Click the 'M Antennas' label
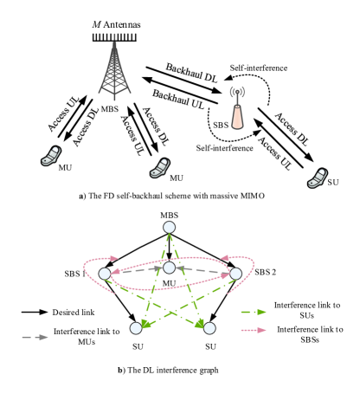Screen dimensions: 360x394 pos(116,24)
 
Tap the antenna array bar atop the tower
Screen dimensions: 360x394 pos(114,37)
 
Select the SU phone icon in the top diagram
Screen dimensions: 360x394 pos(318,178)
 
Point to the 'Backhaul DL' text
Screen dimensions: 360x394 pos(191,73)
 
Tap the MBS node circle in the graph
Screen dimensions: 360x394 pos(169,227)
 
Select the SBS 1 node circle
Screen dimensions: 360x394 pos(105,274)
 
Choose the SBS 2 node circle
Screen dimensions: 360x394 pos(235,274)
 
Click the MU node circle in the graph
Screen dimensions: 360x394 pos(170,268)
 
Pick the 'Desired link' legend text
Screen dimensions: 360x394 pos(74,313)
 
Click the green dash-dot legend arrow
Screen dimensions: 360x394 pos(254,312)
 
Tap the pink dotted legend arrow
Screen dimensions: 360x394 pos(254,330)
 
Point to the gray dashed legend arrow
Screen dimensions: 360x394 pos(35,337)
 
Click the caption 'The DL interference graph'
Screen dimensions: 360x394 pos(173,370)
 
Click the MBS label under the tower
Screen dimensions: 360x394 pos(110,109)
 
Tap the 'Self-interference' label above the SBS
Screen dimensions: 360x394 pos(259,68)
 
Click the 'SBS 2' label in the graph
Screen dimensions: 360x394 pos(265,272)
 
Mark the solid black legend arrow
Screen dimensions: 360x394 pos(35,312)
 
